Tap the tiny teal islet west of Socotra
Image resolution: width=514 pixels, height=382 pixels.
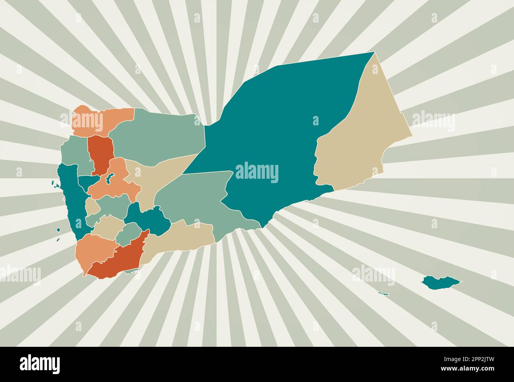383,293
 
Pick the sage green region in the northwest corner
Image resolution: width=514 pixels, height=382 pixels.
73,154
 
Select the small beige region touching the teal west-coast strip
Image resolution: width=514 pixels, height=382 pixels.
92,206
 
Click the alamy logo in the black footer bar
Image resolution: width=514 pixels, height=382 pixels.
40,363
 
